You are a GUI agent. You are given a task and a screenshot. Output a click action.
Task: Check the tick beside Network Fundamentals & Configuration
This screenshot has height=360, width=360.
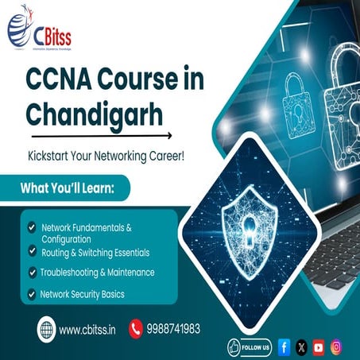point(31,227)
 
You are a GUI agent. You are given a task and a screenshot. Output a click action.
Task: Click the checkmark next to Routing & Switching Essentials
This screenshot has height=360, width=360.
point(31,252)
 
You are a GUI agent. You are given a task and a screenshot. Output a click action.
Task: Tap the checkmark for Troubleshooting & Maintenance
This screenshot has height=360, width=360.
point(31,272)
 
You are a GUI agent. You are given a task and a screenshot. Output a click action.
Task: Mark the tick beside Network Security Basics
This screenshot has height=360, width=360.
point(31,294)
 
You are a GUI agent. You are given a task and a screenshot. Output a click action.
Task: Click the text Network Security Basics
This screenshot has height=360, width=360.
point(82,294)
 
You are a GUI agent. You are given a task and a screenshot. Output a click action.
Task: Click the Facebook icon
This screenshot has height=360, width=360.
point(285,346)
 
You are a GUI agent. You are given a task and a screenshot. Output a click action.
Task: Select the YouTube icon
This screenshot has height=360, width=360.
point(319,346)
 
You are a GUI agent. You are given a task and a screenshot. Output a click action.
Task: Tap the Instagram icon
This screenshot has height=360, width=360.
point(337,346)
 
